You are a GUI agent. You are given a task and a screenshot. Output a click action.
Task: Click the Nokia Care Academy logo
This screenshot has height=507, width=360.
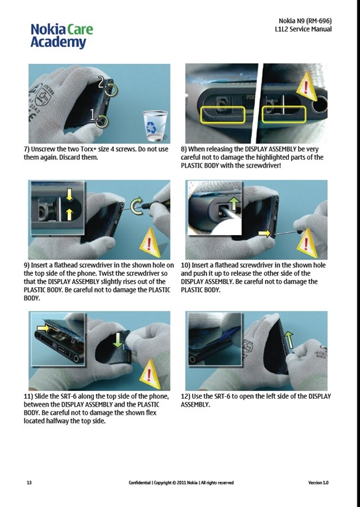(62, 36)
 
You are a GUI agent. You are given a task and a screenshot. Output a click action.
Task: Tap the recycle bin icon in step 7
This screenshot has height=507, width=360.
(155, 125)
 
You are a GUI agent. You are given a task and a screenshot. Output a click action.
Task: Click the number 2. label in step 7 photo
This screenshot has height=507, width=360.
(102, 83)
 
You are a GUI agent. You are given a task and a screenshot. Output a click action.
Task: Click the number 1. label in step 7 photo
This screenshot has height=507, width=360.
(94, 114)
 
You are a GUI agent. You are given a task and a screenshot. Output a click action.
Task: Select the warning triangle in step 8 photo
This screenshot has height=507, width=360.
(306, 86)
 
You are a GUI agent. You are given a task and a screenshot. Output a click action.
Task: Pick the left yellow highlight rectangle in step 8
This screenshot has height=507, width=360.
(223, 115)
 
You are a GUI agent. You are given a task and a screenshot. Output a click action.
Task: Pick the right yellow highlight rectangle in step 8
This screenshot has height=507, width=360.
(283, 115)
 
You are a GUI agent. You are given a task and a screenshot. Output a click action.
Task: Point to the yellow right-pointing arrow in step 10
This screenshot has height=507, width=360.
(264, 233)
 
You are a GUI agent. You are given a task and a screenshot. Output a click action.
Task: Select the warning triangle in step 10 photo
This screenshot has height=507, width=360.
(306, 243)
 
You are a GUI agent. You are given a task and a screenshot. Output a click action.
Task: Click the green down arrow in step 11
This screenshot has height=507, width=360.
(118, 341)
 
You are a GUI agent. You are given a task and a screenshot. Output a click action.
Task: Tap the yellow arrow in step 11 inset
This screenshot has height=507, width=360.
(43, 329)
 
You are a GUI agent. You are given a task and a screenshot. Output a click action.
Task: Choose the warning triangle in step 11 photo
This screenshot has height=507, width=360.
(149, 374)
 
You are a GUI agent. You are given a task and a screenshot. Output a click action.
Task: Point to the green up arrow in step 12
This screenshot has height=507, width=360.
(289, 340)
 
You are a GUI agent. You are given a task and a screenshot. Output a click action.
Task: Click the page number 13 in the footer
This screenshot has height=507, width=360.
(29, 483)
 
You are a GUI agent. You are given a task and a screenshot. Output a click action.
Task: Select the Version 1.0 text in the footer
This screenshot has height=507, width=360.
(318, 483)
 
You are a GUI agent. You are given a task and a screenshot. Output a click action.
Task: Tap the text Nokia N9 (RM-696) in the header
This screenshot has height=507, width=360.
(305, 21)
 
